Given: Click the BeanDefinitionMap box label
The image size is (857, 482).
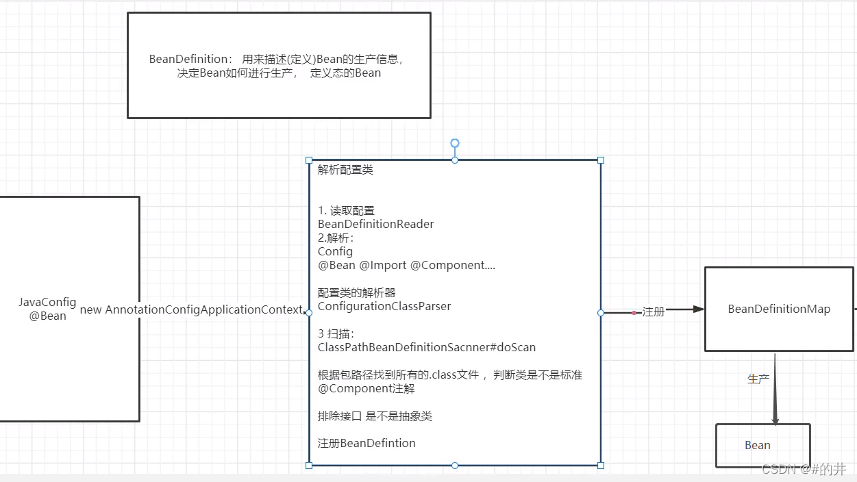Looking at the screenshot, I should pyautogui.click(x=779, y=309).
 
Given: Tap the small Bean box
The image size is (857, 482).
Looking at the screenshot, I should pyautogui.click(x=762, y=445).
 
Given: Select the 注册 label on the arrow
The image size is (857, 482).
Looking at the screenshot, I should pyautogui.click(x=654, y=312).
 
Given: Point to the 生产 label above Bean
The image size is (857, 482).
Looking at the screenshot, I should pyautogui.click(x=758, y=379).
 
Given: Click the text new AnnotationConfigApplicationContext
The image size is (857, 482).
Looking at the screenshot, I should pyautogui.click(x=191, y=309).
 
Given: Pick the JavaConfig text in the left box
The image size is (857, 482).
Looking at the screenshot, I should pyautogui.click(x=47, y=303).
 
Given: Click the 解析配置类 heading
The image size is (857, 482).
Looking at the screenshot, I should pyautogui.click(x=345, y=170).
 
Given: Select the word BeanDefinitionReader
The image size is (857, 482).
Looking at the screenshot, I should pyautogui.click(x=375, y=224).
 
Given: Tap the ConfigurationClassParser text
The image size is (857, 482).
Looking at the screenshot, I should pyautogui.click(x=384, y=306).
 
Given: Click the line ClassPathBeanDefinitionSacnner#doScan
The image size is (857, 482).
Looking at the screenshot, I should pyautogui.click(x=426, y=347).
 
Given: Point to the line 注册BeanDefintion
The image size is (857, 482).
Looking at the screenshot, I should pyautogui.click(x=367, y=443).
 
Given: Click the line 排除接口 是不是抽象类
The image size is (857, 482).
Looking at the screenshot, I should pyautogui.click(x=375, y=416).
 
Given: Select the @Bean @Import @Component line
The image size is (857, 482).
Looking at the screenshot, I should pyautogui.click(x=406, y=265).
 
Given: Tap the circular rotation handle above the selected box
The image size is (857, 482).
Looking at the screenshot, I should pyautogui.click(x=455, y=143).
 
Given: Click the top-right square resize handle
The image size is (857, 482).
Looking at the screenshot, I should pyautogui.click(x=601, y=160).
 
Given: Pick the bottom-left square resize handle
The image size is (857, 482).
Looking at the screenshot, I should pyautogui.click(x=309, y=466).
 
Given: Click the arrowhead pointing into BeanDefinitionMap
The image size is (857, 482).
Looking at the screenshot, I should pyautogui.click(x=698, y=309).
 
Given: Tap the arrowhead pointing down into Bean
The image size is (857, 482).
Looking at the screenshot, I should pyautogui.click(x=775, y=418).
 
